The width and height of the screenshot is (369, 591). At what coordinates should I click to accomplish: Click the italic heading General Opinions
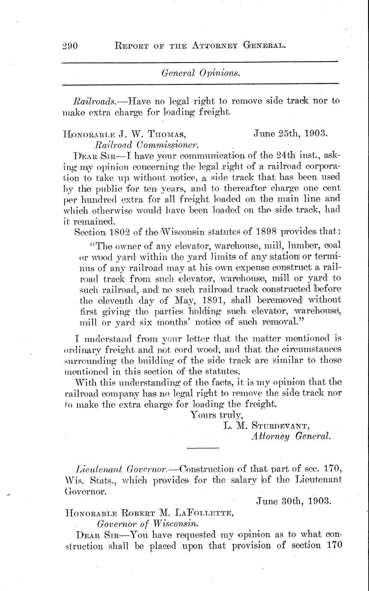201,73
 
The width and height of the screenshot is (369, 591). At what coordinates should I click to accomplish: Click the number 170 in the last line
332,546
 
